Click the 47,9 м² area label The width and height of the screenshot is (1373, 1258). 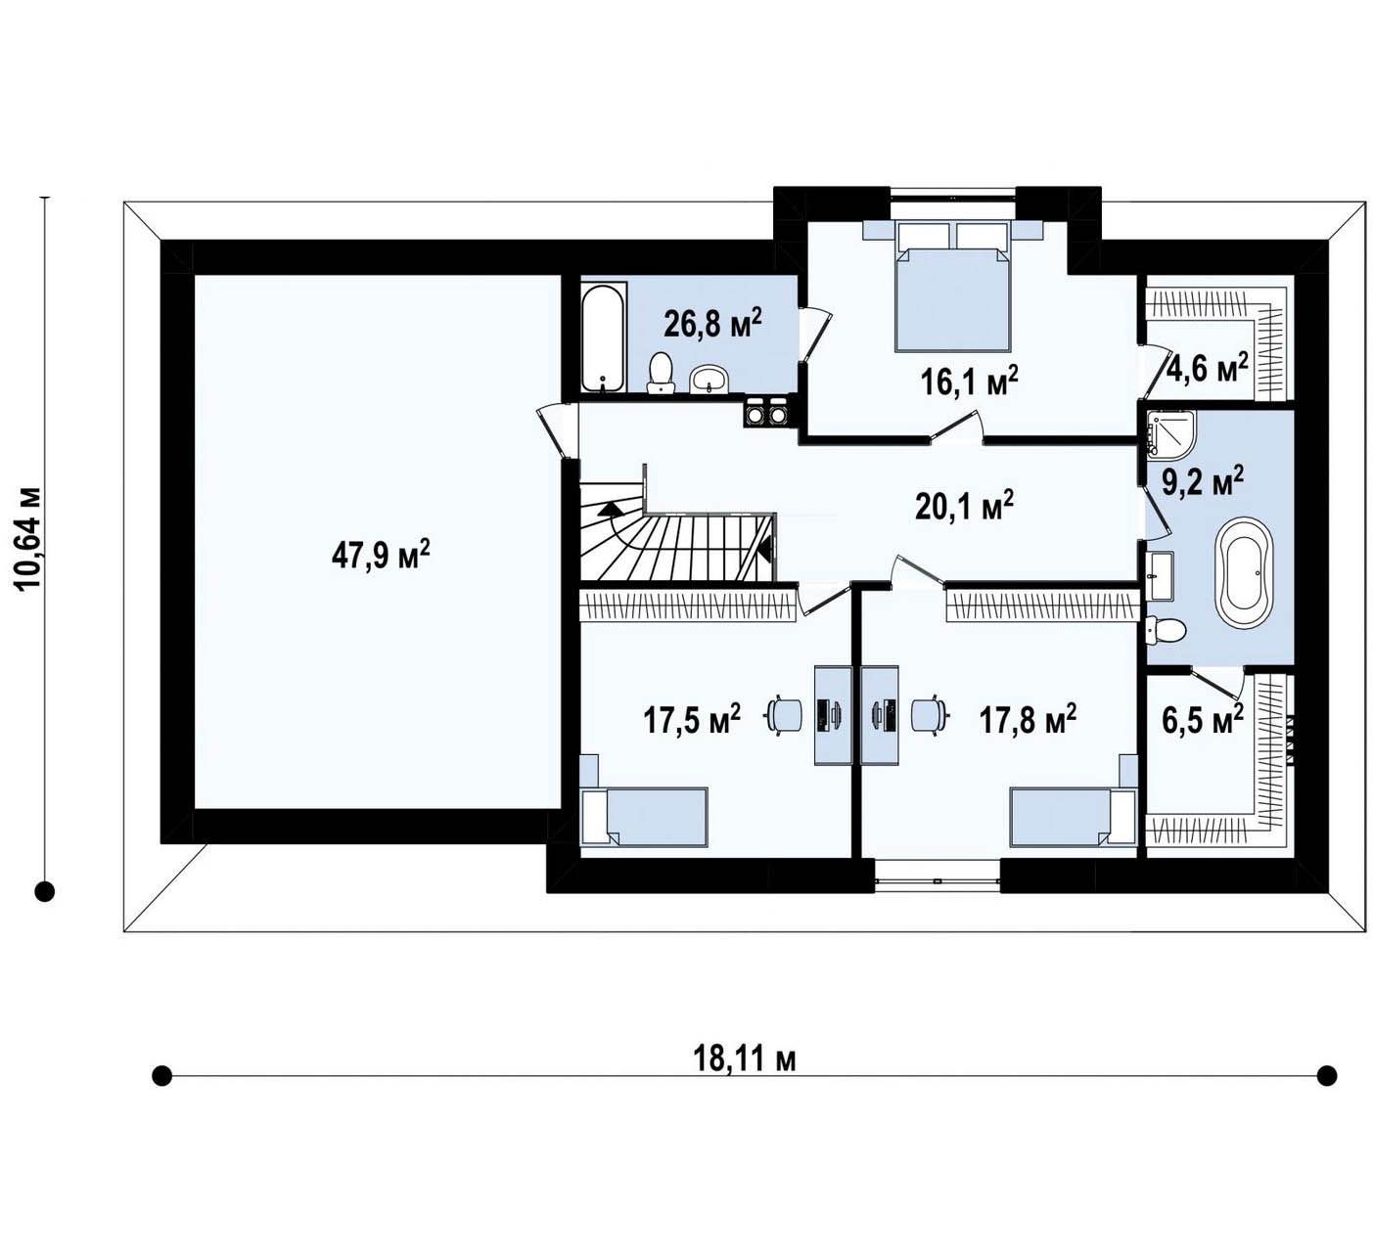(x=381, y=555)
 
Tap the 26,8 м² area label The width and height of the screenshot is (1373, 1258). (x=712, y=323)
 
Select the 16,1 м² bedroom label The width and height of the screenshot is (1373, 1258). (x=969, y=382)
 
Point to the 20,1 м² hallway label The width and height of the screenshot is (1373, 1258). (x=964, y=507)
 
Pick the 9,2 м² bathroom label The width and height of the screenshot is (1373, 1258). (x=1204, y=482)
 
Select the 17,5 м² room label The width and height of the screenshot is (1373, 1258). (x=692, y=720)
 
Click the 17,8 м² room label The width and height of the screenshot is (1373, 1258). (x=1029, y=720)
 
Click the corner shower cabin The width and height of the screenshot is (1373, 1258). (x=1171, y=432)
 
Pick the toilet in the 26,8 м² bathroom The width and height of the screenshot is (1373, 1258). (x=661, y=374)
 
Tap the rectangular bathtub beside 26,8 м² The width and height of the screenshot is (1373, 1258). (x=603, y=337)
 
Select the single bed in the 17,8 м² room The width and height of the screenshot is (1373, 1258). (x=1073, y=817)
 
